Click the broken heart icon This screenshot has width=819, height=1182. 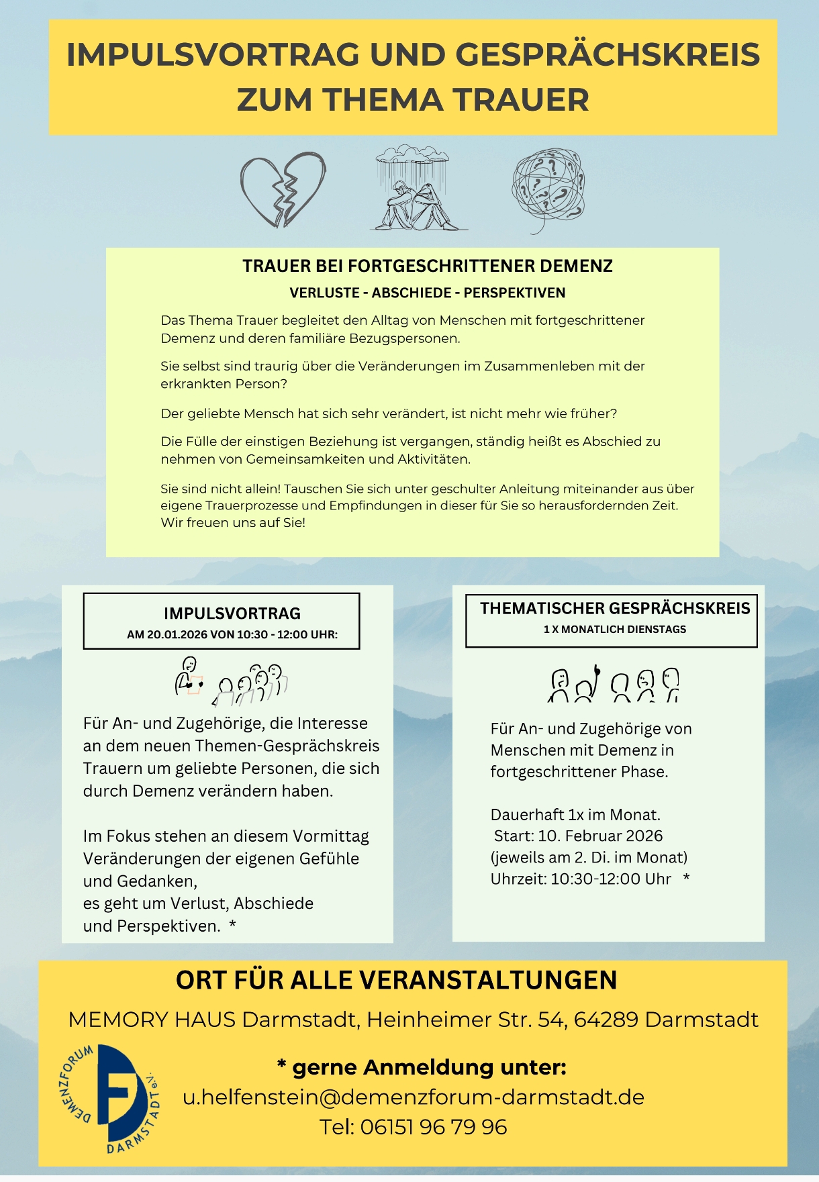(x=283, y=190)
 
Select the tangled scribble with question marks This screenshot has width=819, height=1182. (x=548, y=191)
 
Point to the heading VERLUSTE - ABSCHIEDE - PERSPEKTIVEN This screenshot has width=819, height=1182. (x=428, y=293)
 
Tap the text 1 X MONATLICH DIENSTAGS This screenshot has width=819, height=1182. (x=615, y=630)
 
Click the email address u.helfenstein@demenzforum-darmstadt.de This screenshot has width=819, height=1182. (x=414, y=1097)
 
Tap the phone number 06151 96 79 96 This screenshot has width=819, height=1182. (x=433, y=1127)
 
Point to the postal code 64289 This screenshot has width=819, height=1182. (x=606, y=1020)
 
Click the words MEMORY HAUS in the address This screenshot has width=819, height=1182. (x=152, y=1020)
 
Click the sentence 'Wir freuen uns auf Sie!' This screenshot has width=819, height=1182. (x=233, y=523)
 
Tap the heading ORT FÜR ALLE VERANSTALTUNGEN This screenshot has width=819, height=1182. (x=396, y=980)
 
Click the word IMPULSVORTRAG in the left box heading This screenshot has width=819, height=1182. (x=232, y=613)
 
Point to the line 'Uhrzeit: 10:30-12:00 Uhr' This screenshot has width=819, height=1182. (x=581, y=879)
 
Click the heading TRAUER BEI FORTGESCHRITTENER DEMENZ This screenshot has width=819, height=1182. (x=428, y=266)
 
